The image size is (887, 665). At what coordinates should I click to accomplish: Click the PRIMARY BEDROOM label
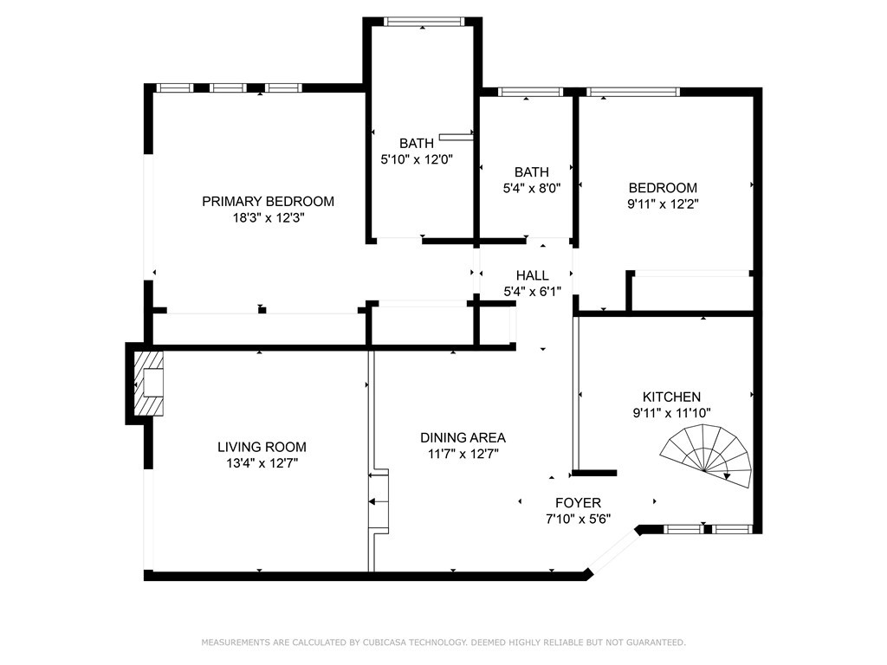click(269, 201)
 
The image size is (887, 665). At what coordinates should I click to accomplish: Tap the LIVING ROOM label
click(262, 447)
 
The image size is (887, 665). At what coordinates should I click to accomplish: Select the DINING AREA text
click(463, 437)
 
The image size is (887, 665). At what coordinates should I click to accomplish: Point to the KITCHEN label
click(671, 397)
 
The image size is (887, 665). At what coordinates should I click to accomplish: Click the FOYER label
click(578, 503)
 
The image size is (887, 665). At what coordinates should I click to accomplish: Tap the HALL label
click(533, 275)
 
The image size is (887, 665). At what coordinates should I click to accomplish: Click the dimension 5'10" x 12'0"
click(417, 159)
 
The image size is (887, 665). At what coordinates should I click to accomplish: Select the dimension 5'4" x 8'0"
click(532, 188)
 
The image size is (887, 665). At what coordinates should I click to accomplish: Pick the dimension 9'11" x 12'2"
click(663, 203)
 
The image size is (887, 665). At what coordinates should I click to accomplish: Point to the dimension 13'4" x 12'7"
click(262, 463)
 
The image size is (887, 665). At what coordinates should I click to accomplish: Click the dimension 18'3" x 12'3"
click(269, 217)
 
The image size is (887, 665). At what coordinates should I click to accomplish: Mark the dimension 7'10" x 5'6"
click(578, 519)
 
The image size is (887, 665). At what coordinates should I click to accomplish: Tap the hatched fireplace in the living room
click(149, 384)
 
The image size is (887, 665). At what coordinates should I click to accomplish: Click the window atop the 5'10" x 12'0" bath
click(423, 22)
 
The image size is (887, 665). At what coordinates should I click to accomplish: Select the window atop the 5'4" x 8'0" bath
click(530, 92)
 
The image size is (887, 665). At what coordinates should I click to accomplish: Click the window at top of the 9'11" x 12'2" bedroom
click(633, 92)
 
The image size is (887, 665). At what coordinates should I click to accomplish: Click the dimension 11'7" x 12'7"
click(463, 454)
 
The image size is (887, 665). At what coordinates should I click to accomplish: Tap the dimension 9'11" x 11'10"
click(671, 413)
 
